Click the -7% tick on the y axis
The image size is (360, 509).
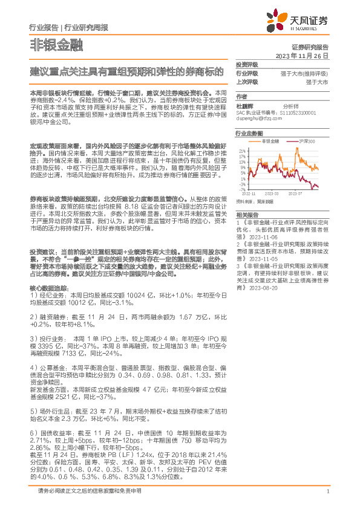(x=242, y=189)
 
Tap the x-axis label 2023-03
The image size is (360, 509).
(x=272, y=193)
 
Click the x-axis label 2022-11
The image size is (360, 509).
(x=248, y=193)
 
